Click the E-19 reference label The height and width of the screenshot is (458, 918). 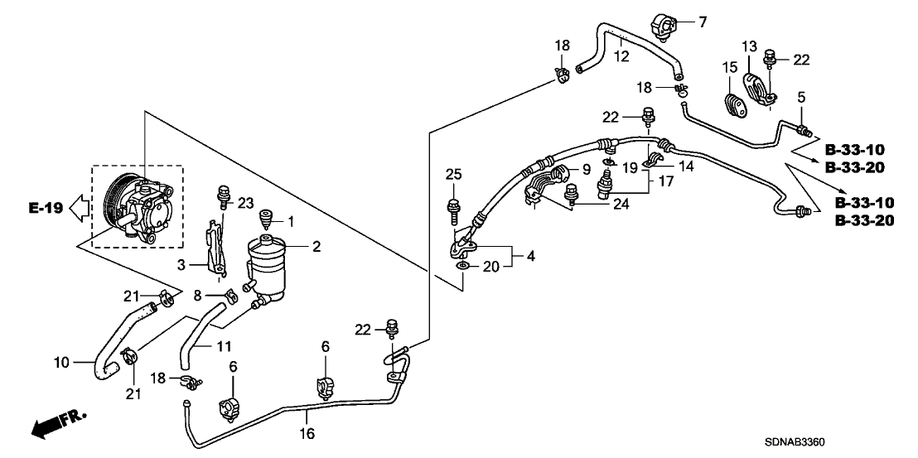pos(46,209)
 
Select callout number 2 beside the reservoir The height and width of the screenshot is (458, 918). pos(316,247)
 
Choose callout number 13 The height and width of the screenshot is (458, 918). pos(749,46)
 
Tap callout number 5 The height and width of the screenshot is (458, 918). pos(800,97)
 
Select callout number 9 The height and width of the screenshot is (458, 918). pos(585,169)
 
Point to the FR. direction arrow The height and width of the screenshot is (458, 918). pos(58,423)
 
